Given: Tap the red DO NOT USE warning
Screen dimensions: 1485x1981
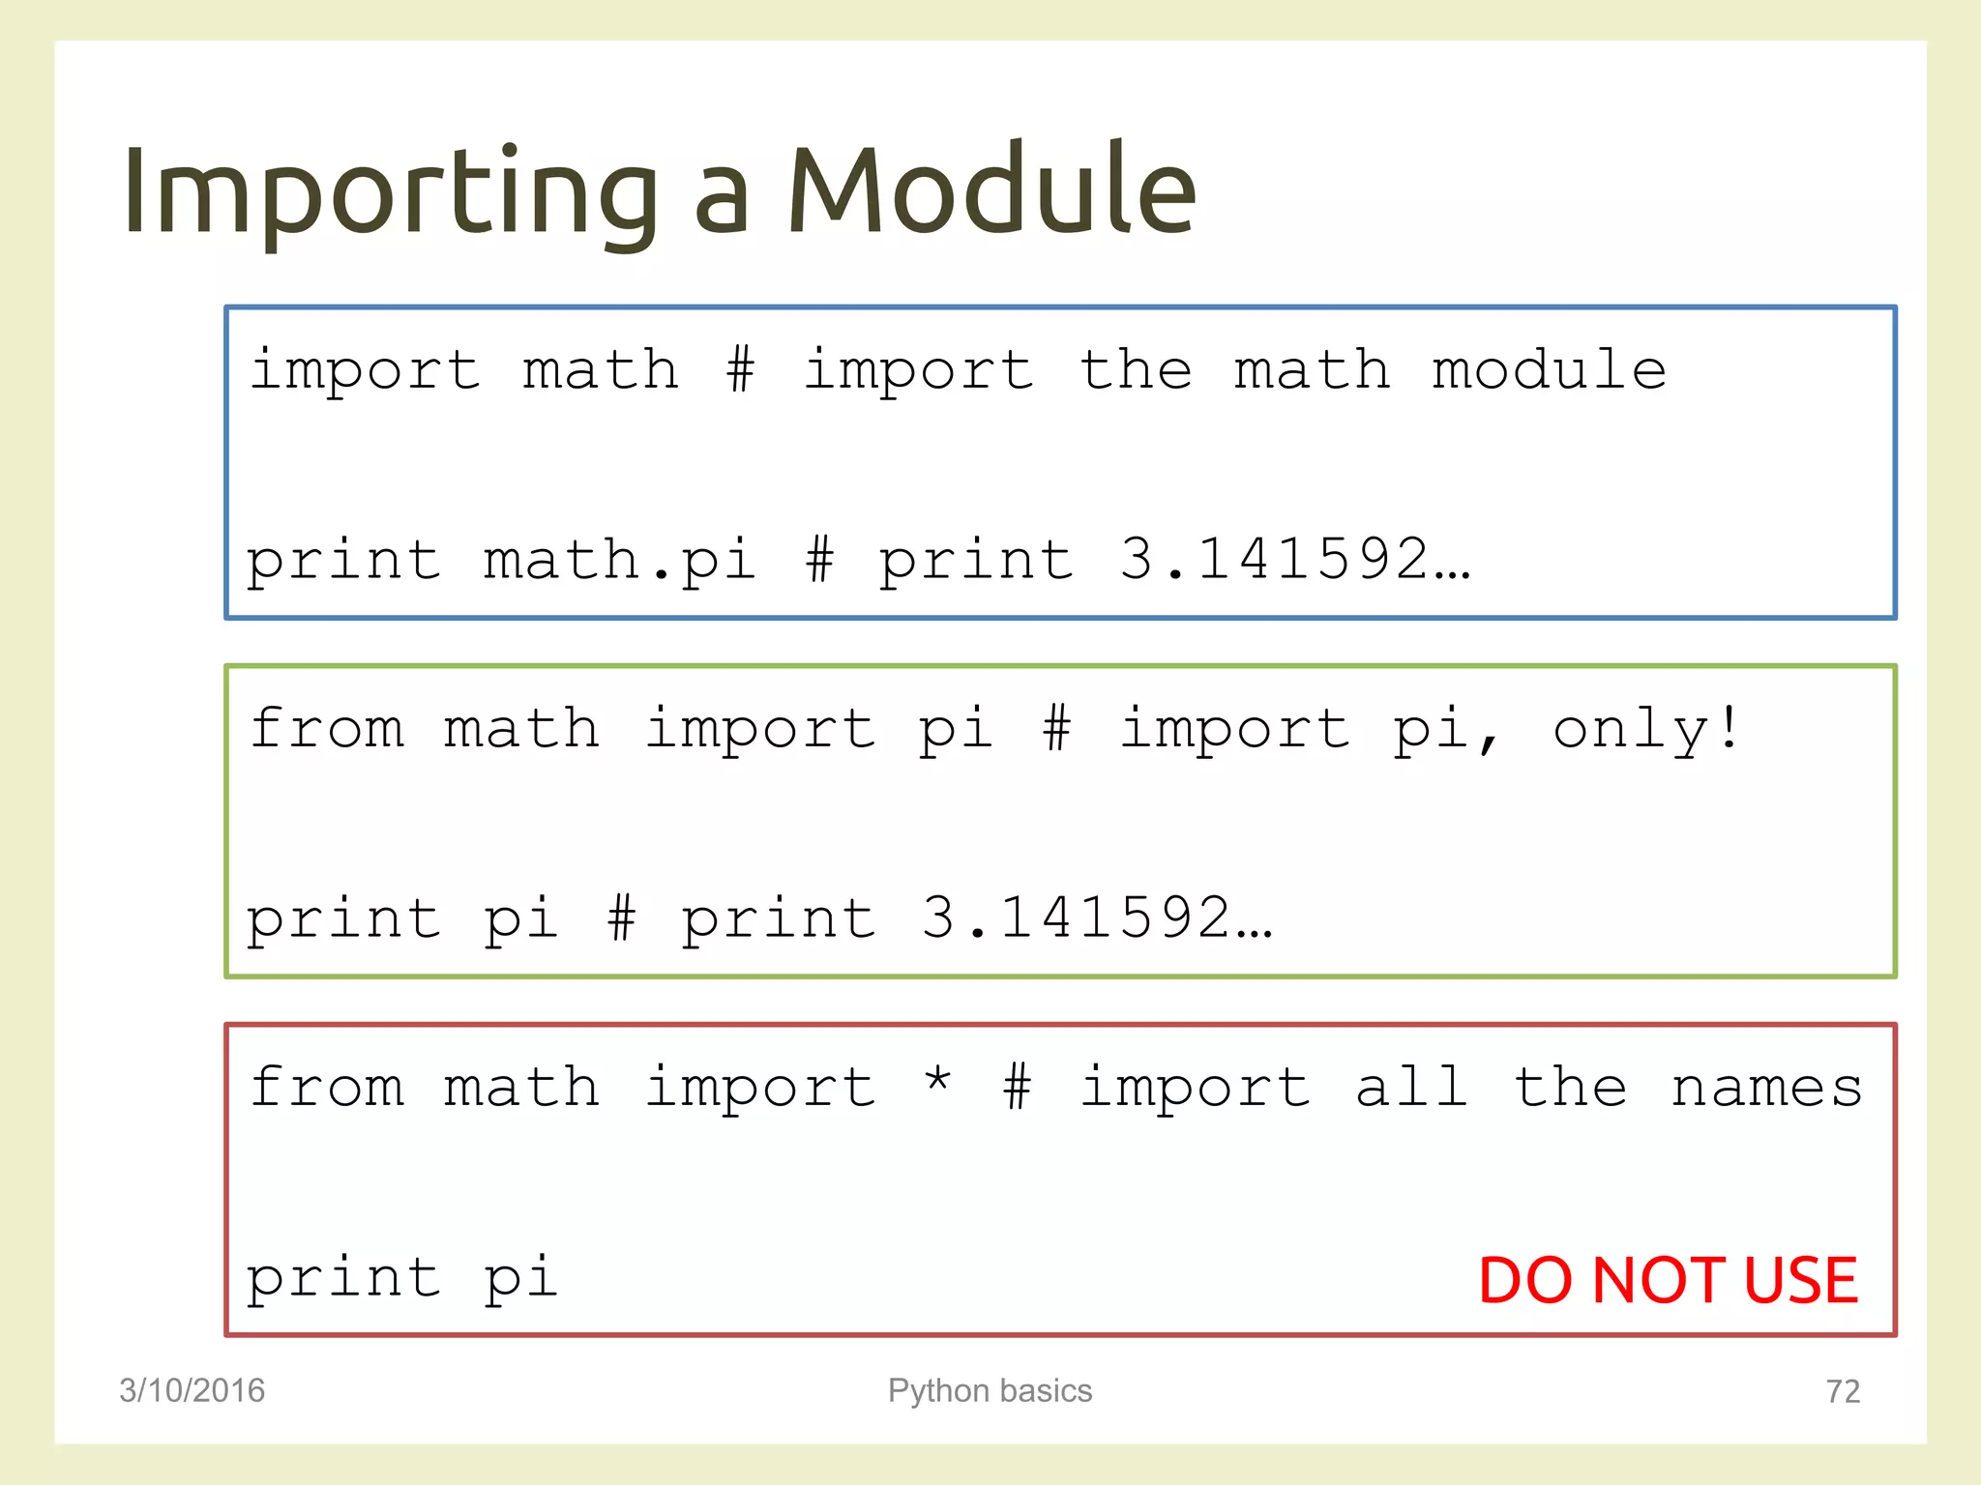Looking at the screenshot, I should click(x=1668, y=1280).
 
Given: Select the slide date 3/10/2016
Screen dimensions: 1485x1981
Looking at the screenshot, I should click(x=192, y=1390).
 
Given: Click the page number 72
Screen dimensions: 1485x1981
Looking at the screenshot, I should click(x=1843, y=1391).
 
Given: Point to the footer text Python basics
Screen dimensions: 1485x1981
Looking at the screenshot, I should click(x=990, y=1390).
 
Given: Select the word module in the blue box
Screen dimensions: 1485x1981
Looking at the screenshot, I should click(x=1549, y=370).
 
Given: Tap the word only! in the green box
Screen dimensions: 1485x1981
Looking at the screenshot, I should click(x=1645, y=729).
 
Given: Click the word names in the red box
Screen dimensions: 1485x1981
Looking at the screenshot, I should click(x=1766, y=1088).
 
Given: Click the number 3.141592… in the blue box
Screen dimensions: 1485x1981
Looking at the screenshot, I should click(x=1294, y=559).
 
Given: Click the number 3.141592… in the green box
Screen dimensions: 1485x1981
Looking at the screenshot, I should click(x=1096, y=917).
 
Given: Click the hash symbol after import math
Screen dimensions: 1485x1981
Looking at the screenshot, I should click(x=740, y=370).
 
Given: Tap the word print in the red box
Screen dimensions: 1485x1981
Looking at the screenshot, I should click(x=343, y=1279).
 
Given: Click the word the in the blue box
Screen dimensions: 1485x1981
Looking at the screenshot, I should click(x=1135, y=370).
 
